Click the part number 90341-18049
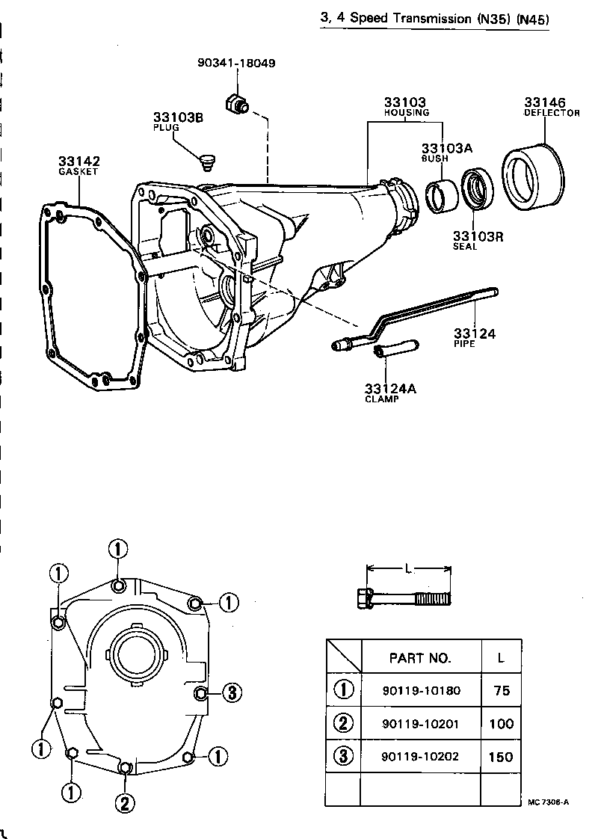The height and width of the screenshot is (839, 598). pos(236,64)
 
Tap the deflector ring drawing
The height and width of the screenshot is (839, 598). pos(534,175)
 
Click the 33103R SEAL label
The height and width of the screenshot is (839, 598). pos(478,240)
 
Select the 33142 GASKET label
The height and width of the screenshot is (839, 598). pos(78,165)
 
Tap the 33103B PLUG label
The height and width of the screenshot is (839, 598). pos(179,122)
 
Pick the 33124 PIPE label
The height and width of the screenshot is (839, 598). pos(474,337)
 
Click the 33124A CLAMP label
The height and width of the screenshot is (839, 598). pos(389,393)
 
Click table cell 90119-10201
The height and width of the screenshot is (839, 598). pos(420,724)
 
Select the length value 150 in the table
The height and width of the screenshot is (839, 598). pos(501,756)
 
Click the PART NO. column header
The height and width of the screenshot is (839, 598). pos(420,658)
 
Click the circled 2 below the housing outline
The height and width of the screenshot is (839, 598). pos(125,803)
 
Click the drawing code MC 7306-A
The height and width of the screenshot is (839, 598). pos(549,802)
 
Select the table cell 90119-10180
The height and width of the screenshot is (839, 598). pos(420,690)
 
